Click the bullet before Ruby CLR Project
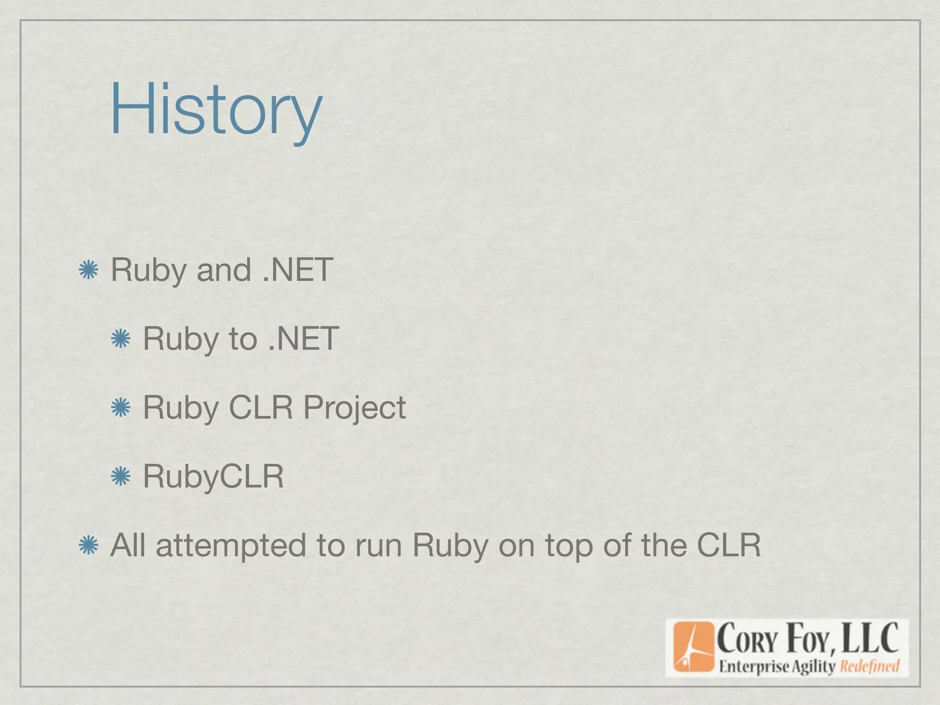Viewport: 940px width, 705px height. tap(121, 408)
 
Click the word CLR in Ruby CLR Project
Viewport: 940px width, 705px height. tap(261, 408)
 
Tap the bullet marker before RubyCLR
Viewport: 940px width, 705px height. tap(121, 476)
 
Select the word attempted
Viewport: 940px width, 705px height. tap(231, 546)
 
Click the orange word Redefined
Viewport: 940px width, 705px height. tap(869, 666)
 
